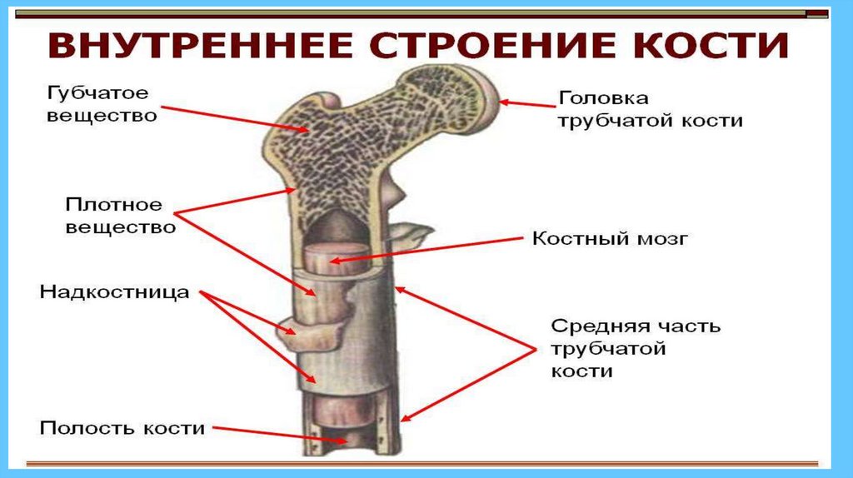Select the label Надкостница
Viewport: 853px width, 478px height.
click(115, 292)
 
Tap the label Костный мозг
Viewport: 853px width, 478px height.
click(609, 239)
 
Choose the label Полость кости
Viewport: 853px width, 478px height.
click(122, 428)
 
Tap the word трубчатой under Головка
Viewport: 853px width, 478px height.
click(611, 120)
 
